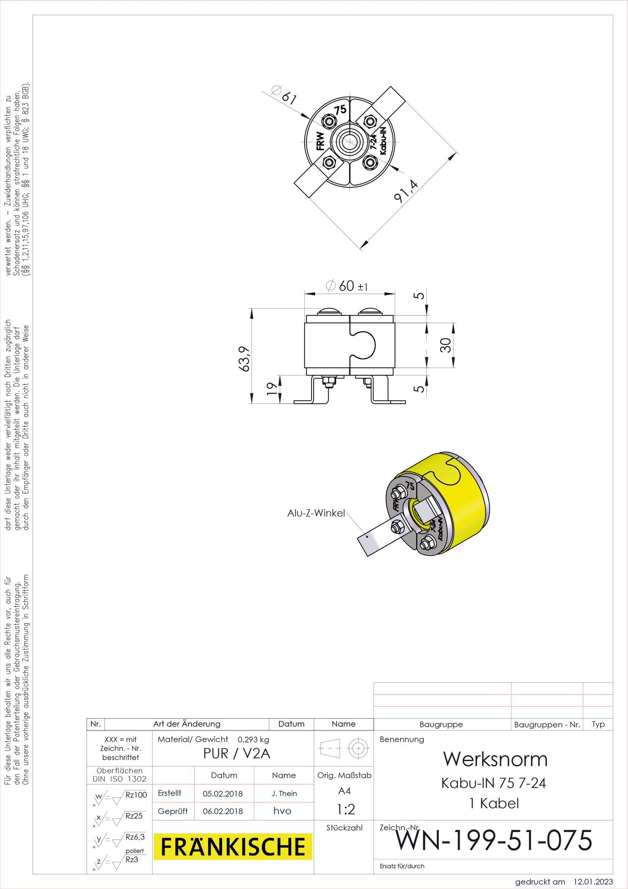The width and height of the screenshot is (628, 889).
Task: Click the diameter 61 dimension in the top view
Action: [284, 95]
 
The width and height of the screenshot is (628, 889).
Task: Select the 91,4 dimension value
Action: [406, 191]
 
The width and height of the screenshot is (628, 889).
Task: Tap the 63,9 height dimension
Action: [244, 358]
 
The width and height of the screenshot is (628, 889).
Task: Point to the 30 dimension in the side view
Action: [445, 345]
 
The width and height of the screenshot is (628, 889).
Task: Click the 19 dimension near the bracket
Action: [272, 388]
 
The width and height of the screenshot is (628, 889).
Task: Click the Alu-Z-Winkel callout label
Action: [316, 513]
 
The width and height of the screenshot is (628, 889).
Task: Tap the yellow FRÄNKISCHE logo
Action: [233, 846]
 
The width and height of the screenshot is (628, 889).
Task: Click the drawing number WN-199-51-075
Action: [493, 840]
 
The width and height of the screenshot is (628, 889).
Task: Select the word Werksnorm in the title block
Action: [495, 759]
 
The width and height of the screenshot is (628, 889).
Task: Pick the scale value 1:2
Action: [346, 809]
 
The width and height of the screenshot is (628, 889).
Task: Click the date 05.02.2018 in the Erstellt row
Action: [223, 794]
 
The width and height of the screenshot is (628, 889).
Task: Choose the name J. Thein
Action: [284, 794]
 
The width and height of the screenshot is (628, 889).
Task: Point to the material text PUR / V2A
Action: [237, 753]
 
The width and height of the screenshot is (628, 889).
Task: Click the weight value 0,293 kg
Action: [253, 739]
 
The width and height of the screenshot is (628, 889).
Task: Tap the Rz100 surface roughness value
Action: [136, 795]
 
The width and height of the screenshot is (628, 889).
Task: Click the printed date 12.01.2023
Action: [593, 882]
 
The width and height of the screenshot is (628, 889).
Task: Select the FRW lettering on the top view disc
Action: [321, 141]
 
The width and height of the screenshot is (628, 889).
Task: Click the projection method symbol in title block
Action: [344, 748]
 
